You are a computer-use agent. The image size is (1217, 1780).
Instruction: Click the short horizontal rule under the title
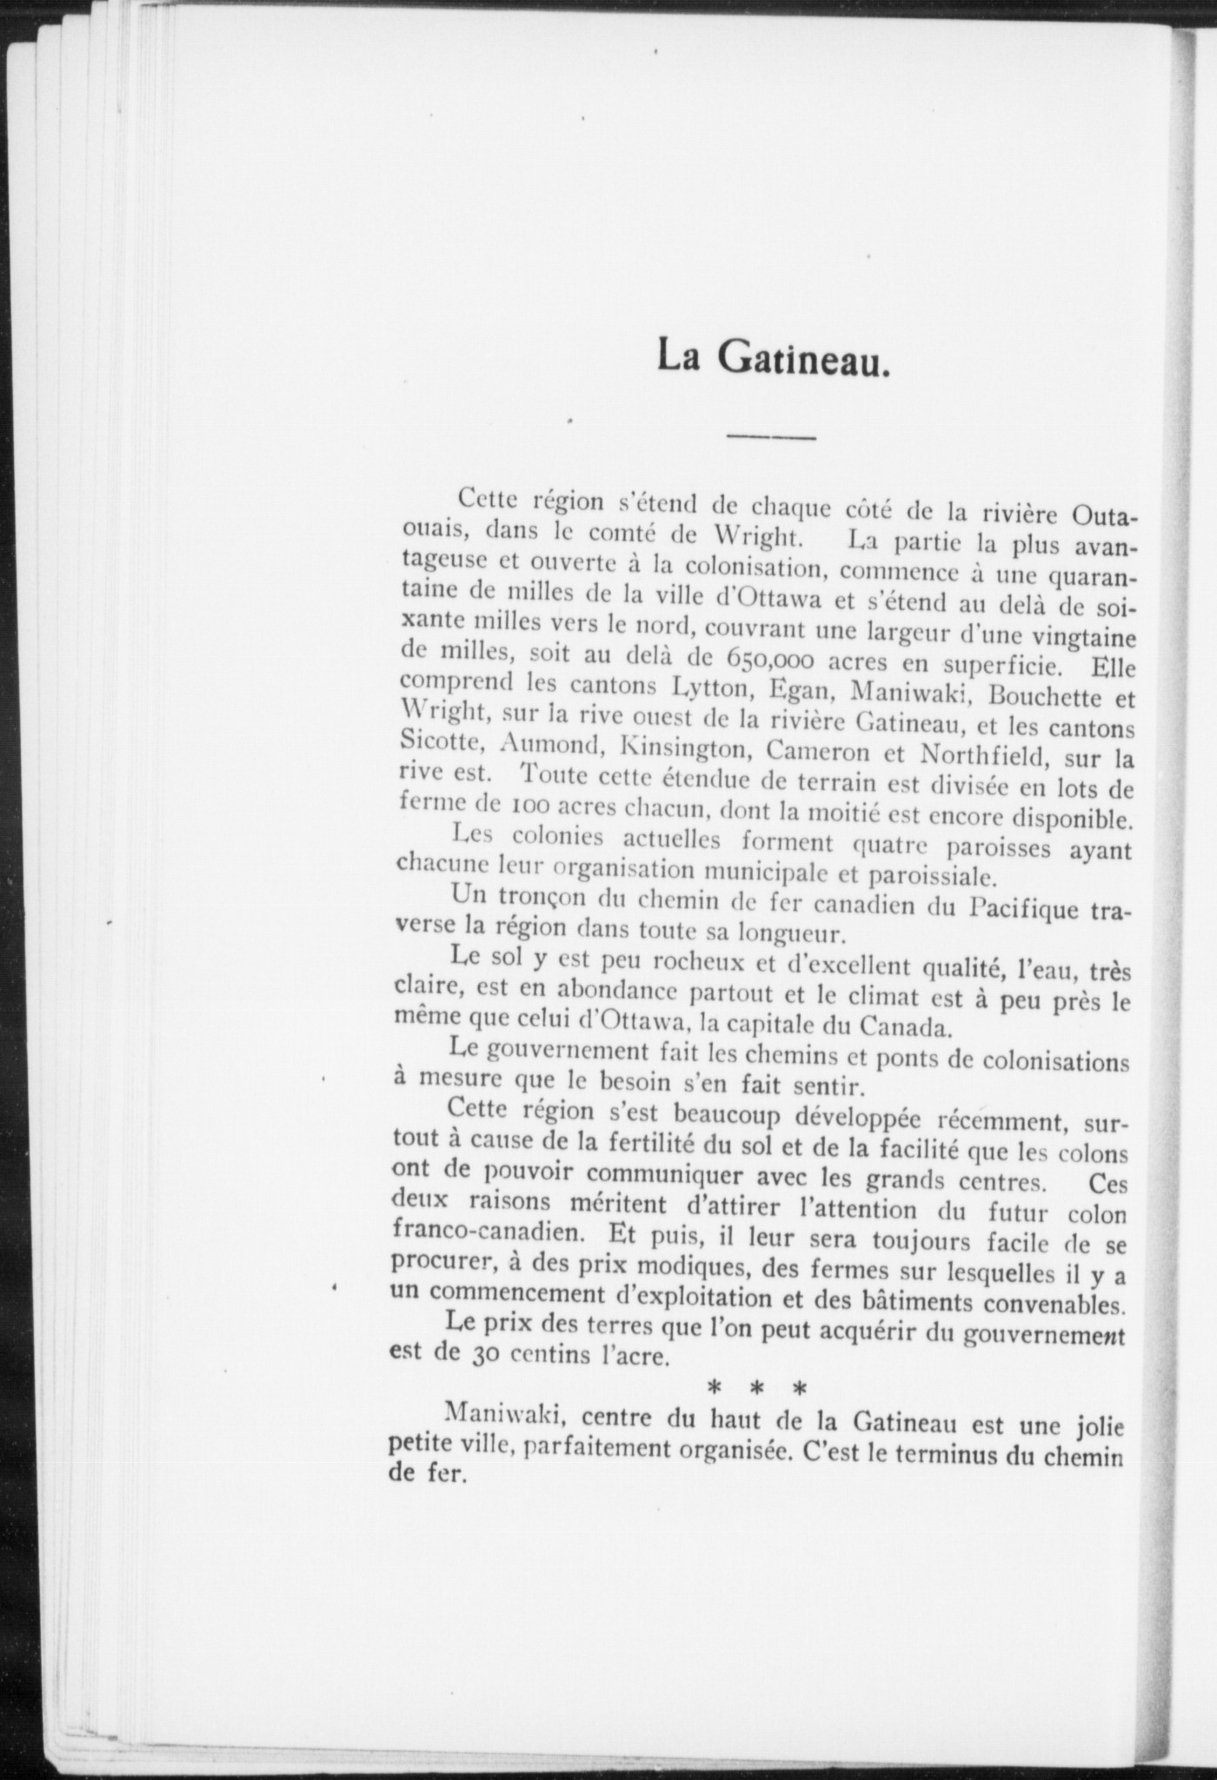coord(770,437)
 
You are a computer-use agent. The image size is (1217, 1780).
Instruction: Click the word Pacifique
coord(1021,909)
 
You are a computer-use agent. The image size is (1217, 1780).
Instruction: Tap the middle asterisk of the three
coord(755,1390)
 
